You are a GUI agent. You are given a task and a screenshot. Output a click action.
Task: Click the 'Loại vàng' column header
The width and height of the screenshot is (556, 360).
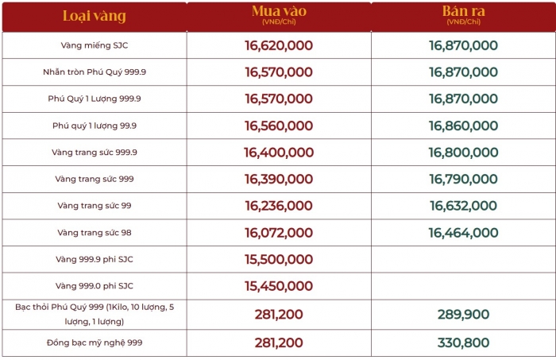(x=95, y=16)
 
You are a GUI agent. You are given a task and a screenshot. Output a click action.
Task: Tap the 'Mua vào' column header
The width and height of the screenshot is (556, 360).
(x=278, y=13)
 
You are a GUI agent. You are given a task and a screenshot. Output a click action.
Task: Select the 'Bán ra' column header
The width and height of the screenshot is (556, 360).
(x=463, y=13)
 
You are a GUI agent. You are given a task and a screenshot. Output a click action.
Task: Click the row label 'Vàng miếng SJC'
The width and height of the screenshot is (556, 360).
(x=95, y=45)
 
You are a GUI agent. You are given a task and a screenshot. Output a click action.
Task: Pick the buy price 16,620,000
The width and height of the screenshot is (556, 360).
(x=279, y=46)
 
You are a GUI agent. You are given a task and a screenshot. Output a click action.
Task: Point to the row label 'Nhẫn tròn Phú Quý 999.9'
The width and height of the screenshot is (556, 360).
(x=95, y=72)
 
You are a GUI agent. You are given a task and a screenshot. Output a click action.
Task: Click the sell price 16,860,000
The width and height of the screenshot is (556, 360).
(x=463, y=126)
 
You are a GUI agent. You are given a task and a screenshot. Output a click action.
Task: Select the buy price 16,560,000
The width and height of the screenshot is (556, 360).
(x=279, y=126)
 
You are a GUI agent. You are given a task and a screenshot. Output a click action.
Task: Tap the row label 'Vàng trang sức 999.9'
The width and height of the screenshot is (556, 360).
(x=95, y=152)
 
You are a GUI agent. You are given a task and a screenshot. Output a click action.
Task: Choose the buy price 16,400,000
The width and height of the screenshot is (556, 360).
(x=279, y=153)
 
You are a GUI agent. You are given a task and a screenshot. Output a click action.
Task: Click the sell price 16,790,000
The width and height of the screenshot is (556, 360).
(x=463, y=179)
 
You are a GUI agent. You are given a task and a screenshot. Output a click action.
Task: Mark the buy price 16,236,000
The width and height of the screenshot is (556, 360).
(x=279, y=206)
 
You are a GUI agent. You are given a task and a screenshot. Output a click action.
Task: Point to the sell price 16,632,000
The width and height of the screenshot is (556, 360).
(x=463, y=206)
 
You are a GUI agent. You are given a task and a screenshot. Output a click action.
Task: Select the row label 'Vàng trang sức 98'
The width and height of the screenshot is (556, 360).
(x=95, y=232)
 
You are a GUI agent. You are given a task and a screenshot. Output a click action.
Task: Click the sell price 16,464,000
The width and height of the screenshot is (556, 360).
(x=463, y=233)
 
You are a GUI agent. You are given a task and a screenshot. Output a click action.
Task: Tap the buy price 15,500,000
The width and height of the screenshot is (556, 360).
(x=279, y=260)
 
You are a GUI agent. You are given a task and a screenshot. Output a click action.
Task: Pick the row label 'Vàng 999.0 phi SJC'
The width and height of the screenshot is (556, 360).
(x=95, y=285)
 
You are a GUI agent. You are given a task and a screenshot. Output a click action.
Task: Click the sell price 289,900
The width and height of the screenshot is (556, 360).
(x=463, y=314)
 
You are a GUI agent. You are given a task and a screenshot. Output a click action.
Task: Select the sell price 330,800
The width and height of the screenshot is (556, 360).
(x=463, y=343)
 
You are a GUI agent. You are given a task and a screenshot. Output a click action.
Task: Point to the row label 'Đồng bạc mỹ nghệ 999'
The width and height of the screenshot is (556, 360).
(x=95, y=343)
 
